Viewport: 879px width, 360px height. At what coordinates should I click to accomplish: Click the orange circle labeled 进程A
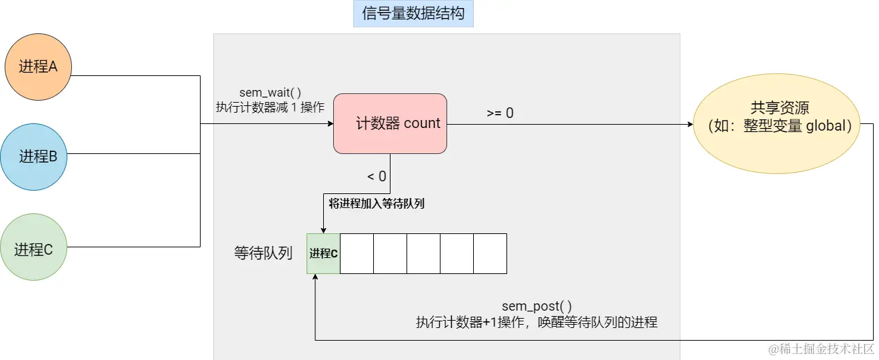(x=38, y=67)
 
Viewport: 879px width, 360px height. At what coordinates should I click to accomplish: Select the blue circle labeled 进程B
(x=38, y=157)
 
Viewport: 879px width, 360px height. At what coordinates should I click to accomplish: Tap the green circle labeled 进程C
(x=34, y=249)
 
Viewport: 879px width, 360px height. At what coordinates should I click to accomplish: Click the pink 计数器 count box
(x=390, y=123)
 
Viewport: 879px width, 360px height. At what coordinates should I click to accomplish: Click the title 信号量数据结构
(x=413, y=13)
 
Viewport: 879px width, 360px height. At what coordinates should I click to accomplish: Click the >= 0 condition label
(x=500, y=113)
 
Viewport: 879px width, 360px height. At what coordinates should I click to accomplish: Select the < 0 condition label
(x=377, y=176)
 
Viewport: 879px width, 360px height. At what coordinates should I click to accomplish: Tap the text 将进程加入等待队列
(x=377, y=204)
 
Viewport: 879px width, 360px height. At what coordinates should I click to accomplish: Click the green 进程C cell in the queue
(x=323, y=253)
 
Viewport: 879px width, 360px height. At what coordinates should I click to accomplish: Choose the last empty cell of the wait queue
(x=490, y=253)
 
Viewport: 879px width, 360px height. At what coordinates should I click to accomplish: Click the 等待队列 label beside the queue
(x=263, y=253)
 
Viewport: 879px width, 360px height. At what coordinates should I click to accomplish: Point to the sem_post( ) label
(x=536, y=306)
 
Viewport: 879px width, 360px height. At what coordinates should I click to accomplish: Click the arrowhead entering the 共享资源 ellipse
(x=689, y=124)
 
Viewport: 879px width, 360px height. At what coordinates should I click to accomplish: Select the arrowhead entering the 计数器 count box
(x=329, y=124)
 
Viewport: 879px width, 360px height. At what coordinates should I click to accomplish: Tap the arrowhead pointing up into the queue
(x=315, y=277)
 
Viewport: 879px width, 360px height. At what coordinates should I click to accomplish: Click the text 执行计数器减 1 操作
(x=270, y=107)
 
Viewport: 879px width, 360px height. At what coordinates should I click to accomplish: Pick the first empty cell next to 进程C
(x=357, y=253)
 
